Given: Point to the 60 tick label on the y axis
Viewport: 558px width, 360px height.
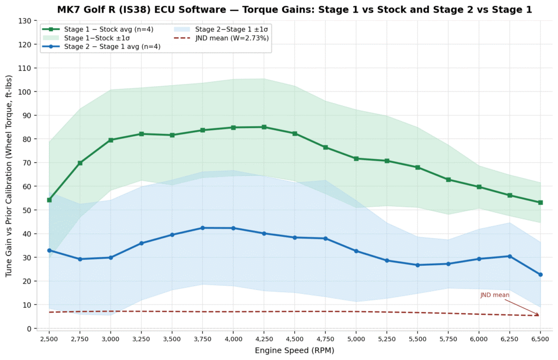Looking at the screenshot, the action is [28, 186].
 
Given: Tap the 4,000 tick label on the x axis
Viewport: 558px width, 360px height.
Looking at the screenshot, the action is [233, 339].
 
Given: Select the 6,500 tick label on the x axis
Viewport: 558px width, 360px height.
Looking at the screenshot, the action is [540, 339].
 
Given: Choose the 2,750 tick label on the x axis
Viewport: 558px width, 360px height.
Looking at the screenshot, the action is [80, 339].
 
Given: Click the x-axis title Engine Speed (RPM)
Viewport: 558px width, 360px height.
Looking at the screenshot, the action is [295, 351].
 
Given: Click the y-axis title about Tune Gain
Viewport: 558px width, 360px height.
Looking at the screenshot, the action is [9, 176].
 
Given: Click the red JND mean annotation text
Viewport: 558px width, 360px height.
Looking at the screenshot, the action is [495, 295].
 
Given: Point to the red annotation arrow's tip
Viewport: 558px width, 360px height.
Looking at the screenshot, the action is [539, 315].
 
